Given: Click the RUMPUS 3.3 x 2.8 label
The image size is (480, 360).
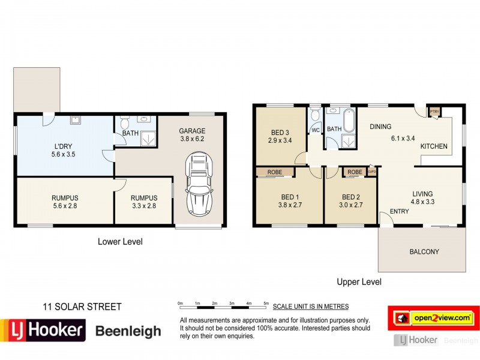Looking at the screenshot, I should [x=144, y=202].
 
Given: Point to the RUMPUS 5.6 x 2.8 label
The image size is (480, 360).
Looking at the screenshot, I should [x=65, y=202].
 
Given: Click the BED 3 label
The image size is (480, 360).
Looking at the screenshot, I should [x=280, y=137].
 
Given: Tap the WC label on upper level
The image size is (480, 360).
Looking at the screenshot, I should [x=315, y=130].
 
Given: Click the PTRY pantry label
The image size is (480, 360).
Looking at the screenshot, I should [x=434, y=112].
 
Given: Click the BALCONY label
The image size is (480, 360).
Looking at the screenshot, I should [x=424, y=251].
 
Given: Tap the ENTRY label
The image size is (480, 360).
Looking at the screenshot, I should [x=400, y=211].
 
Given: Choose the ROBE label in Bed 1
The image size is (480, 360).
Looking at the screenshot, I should [x=275, y=172].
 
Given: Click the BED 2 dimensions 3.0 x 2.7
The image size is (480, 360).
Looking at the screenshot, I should [x=350, y=205].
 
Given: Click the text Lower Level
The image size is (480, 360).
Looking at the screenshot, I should [x=120, y=242].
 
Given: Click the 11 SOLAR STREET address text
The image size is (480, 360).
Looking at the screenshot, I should [x=82, y=307].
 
